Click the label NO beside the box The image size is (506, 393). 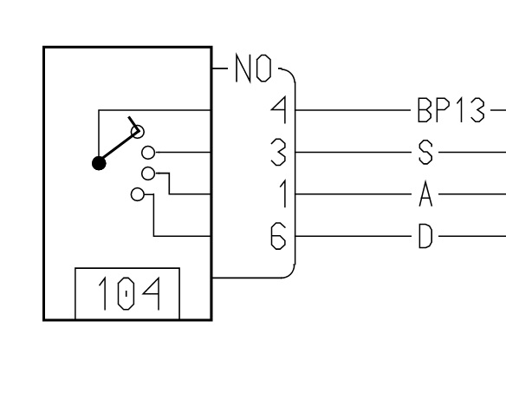253,69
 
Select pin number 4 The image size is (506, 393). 279,110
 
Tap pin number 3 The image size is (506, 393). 278,152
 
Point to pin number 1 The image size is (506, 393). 283,194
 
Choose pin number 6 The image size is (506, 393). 278,236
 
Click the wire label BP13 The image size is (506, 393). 451,110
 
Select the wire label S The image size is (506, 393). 425,152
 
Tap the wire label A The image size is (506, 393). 425,194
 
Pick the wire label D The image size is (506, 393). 425,236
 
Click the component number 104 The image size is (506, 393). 129,293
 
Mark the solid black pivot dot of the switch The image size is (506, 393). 99,163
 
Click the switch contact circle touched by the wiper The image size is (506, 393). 138,132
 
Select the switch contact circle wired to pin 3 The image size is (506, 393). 148,153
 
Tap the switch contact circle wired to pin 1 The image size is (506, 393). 148,174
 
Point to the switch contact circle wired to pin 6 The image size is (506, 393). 138,194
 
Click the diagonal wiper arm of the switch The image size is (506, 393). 119,147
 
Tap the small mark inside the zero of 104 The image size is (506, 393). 126,294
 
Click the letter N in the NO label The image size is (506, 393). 243,69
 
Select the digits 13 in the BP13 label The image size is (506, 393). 471,110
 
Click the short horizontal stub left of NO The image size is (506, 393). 220,69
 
